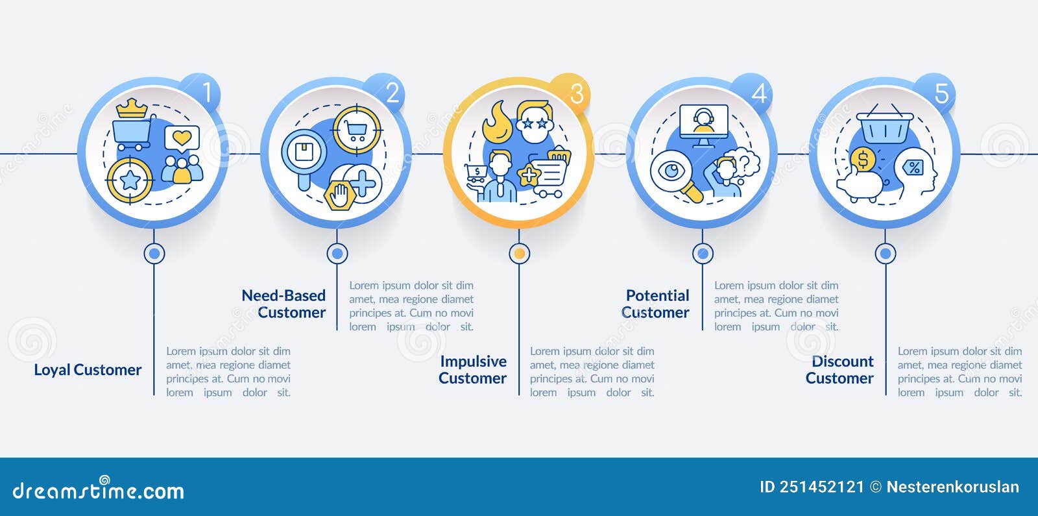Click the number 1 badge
(204, 93)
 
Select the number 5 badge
(939, 93)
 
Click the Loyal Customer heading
(88, 370)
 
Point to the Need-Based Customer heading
(284, 304)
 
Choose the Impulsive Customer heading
(473, 370)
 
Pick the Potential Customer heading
(656, 304)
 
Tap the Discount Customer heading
(840, 370)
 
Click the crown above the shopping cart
(132, 108)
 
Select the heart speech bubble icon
(182, 138)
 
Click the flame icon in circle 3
(498, 121)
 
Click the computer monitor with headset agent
(703, 124)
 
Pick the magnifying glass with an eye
(675, 175)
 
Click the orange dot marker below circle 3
(519, 254)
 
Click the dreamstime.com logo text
(99, 491)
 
